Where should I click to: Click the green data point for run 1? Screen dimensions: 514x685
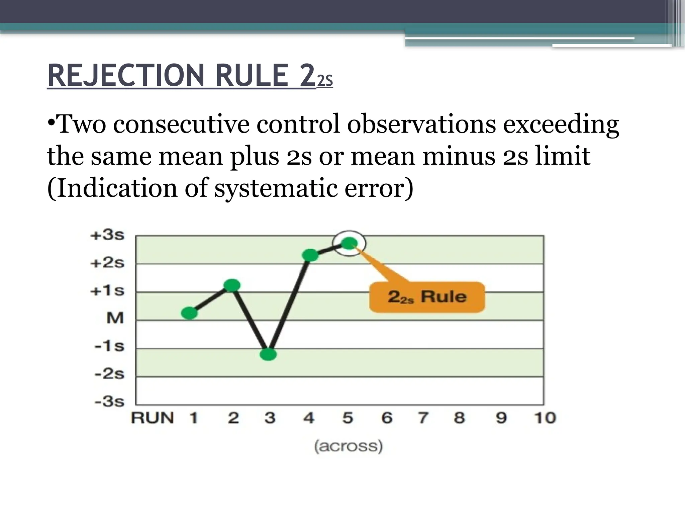189,313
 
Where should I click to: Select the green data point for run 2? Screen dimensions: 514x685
232,285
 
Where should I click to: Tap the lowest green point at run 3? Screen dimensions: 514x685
268,354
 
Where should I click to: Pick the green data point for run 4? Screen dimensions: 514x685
310,255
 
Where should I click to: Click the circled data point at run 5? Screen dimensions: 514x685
349,243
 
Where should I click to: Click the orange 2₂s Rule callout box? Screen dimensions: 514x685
427,297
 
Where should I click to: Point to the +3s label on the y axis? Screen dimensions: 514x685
107,235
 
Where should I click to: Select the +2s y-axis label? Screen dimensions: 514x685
107,263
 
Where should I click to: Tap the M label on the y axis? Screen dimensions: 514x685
115,318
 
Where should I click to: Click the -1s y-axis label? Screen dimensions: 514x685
109,346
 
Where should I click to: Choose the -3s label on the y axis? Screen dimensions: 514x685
109,401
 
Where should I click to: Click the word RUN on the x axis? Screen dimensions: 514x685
153,418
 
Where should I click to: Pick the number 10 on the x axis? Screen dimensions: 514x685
545,418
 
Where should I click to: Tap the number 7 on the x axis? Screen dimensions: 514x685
423,418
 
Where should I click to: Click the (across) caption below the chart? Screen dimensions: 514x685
348,446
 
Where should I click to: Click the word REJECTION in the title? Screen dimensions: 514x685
125,76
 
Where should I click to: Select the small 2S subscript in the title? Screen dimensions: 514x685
325,81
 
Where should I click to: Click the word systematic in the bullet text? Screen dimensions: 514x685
276,188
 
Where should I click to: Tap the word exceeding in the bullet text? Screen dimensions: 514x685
561,124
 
